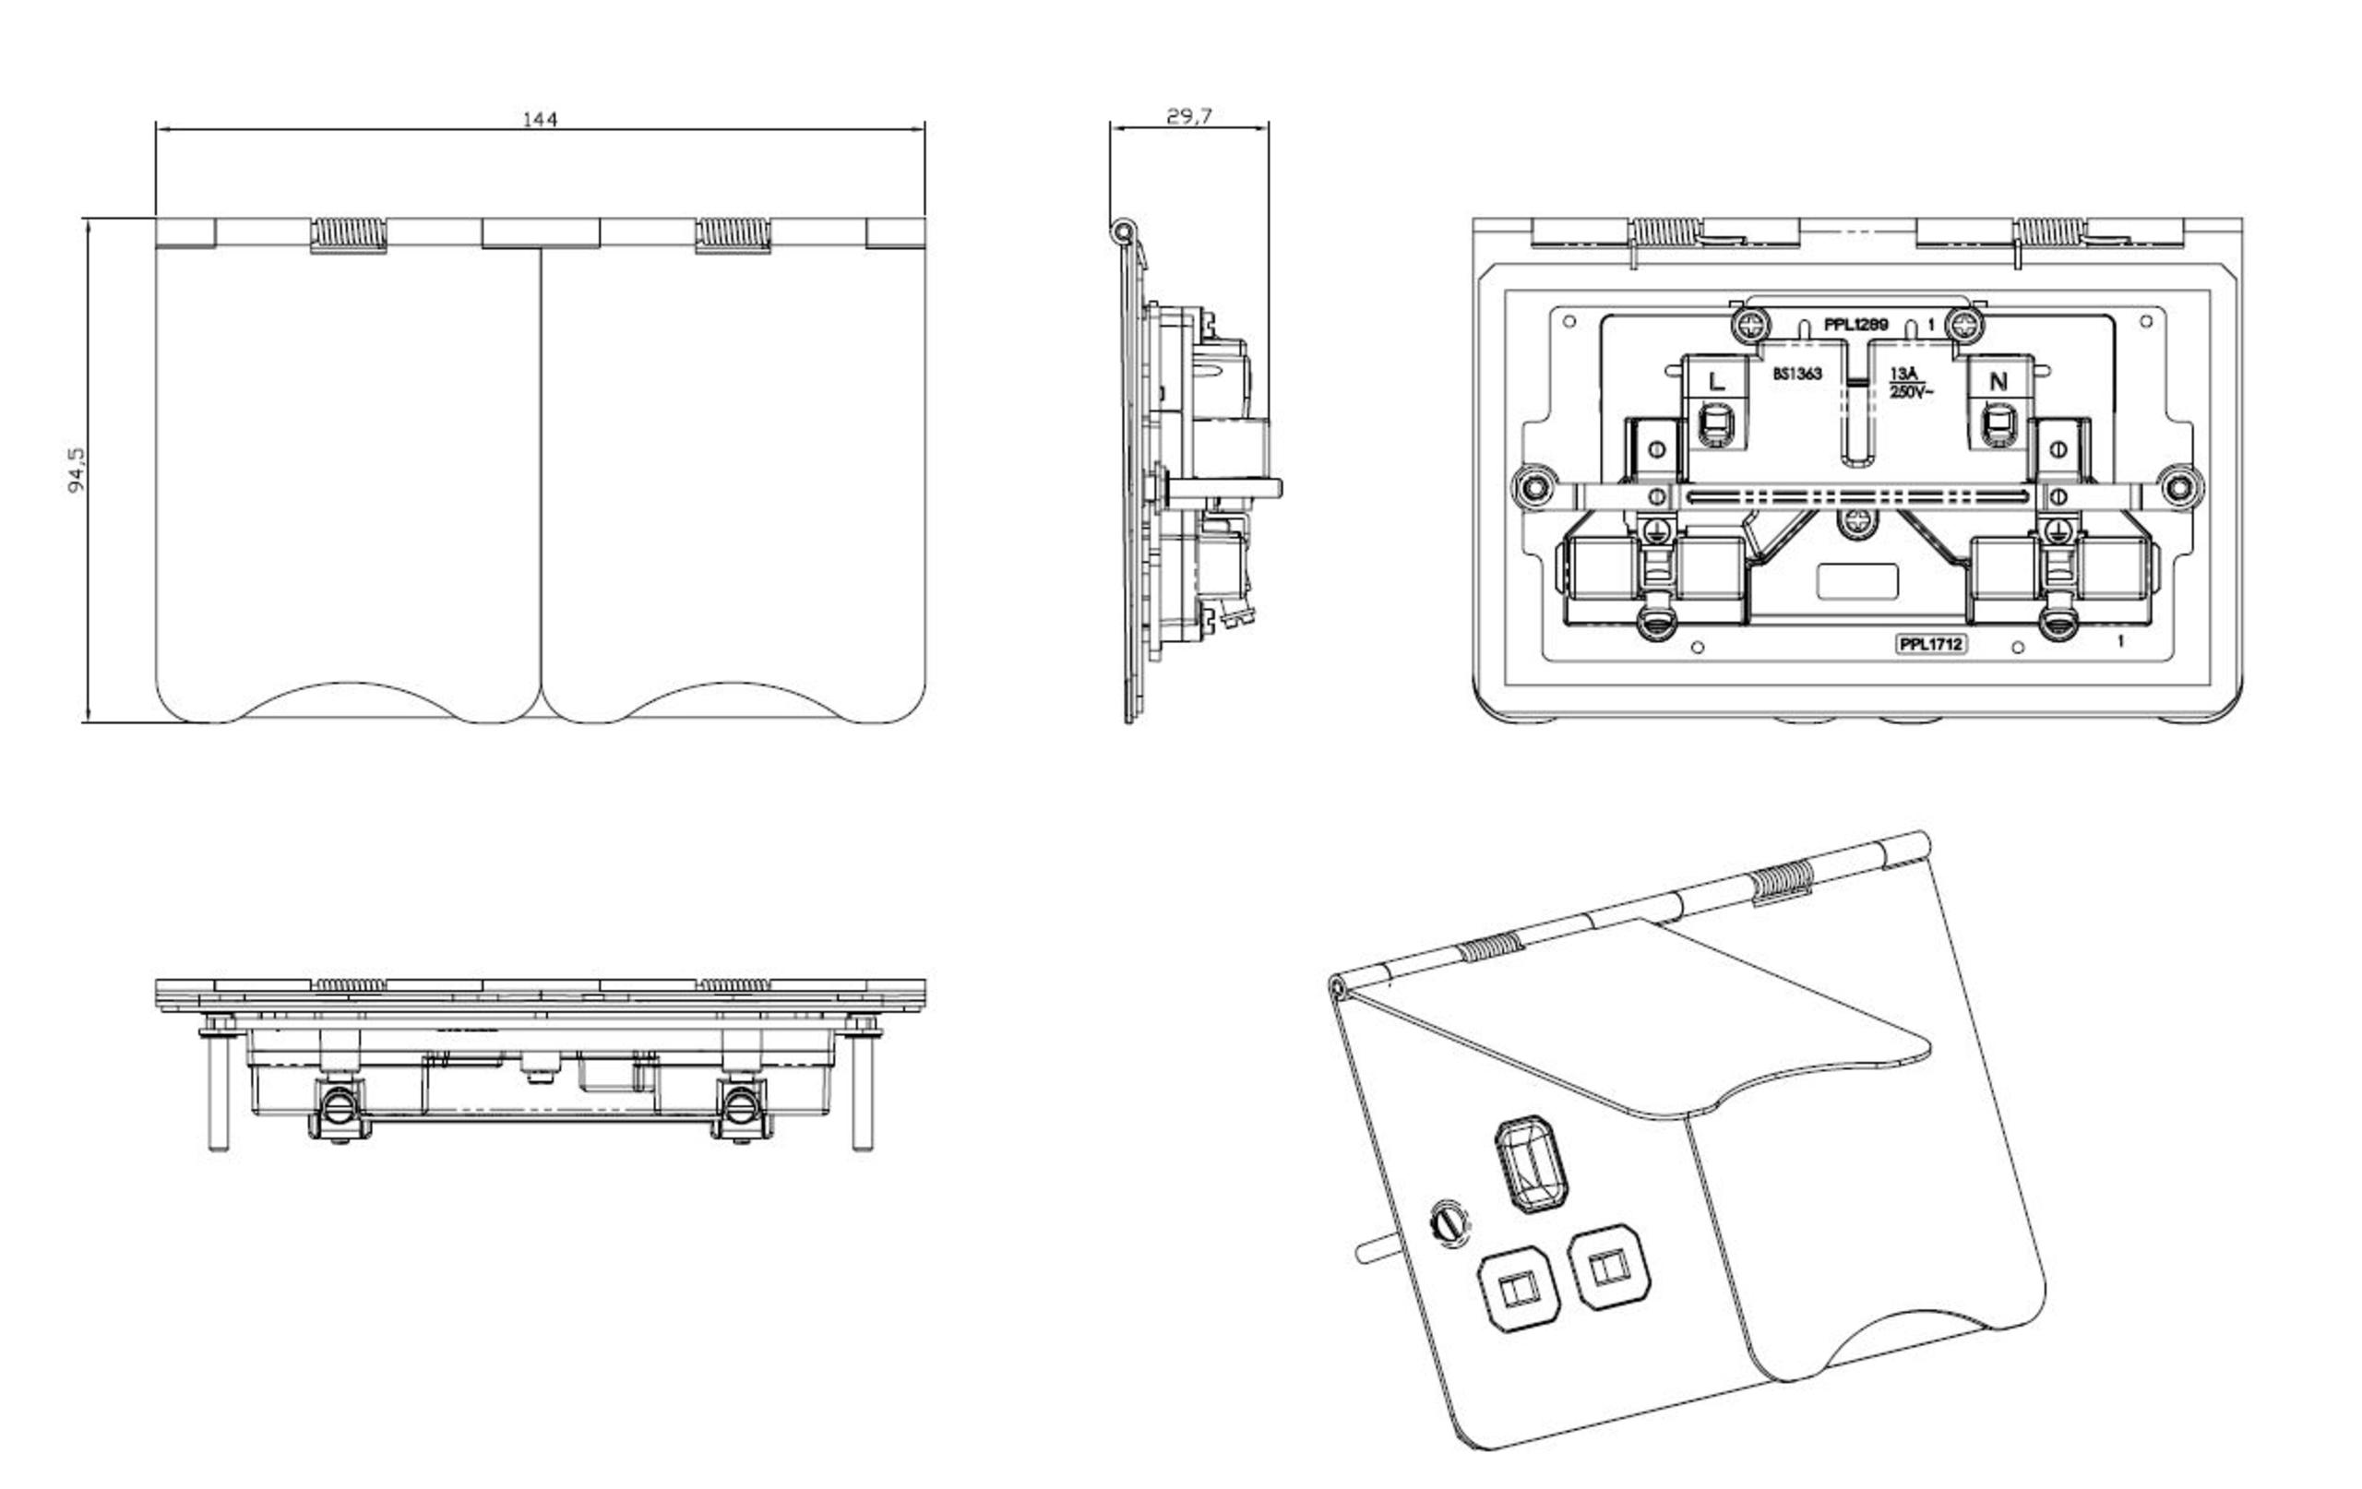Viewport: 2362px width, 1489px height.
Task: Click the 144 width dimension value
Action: pyautogui.click(x=540, y=120)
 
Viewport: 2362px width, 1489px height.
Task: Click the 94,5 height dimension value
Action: pyautogui.click(x=78, y=471)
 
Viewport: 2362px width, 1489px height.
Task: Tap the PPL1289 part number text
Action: pyautogui.click(x=1855, y=325)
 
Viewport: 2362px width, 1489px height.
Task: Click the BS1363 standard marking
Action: pyautogui.click(x=1797, y=374)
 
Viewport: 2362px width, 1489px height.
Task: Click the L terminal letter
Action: pyautogui.click(x=1716, y=382)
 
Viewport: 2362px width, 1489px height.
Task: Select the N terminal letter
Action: pyautogui.click(x=1998, y=382)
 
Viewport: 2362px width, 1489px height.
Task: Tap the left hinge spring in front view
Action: pyautogui.click(x=349, y=234)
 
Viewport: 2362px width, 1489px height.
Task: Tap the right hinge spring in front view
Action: pyautogui.click(x=733, y=234)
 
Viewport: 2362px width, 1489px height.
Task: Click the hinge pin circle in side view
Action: pyautogui.click(x=1122, y=232)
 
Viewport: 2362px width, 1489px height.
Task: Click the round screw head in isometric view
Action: pyautogui.click(x=1450, y=1222)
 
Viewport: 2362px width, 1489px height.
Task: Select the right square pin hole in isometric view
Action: pyautogui.click(x=1610, y=1268)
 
